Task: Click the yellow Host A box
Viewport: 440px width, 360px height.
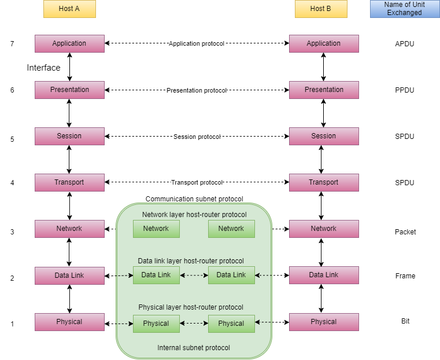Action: click(69, 9)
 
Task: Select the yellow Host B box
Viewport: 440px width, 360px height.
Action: click(321, 9)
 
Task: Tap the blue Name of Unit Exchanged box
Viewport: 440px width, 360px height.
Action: click(405, 9)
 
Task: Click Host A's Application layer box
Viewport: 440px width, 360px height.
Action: click(69, 43)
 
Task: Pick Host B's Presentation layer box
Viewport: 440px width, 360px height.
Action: click(324, 90)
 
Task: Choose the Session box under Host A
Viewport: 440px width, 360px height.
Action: click(69, 136)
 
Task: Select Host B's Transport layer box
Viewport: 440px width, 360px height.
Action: click(324, 182)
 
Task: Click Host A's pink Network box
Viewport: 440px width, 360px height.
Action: click(69, 229)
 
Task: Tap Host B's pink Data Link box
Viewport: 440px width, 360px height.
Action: click(324, 275)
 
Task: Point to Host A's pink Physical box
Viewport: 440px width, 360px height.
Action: click(69, 322)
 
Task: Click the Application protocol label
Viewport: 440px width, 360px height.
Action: click(197, 44)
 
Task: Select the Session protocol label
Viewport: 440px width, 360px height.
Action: click(197, 137)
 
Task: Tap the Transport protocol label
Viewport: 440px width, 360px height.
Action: click(197, 183)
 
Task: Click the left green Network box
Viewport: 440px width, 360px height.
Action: click(156, 229)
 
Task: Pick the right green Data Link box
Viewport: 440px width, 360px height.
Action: click(231, 275)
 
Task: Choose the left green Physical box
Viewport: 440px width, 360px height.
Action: click(156, 324)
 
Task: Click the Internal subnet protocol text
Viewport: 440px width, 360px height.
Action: click(194, 348)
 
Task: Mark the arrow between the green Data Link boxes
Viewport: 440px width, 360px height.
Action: click(194, 275)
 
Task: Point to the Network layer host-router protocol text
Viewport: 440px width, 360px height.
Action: click(194, 215)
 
